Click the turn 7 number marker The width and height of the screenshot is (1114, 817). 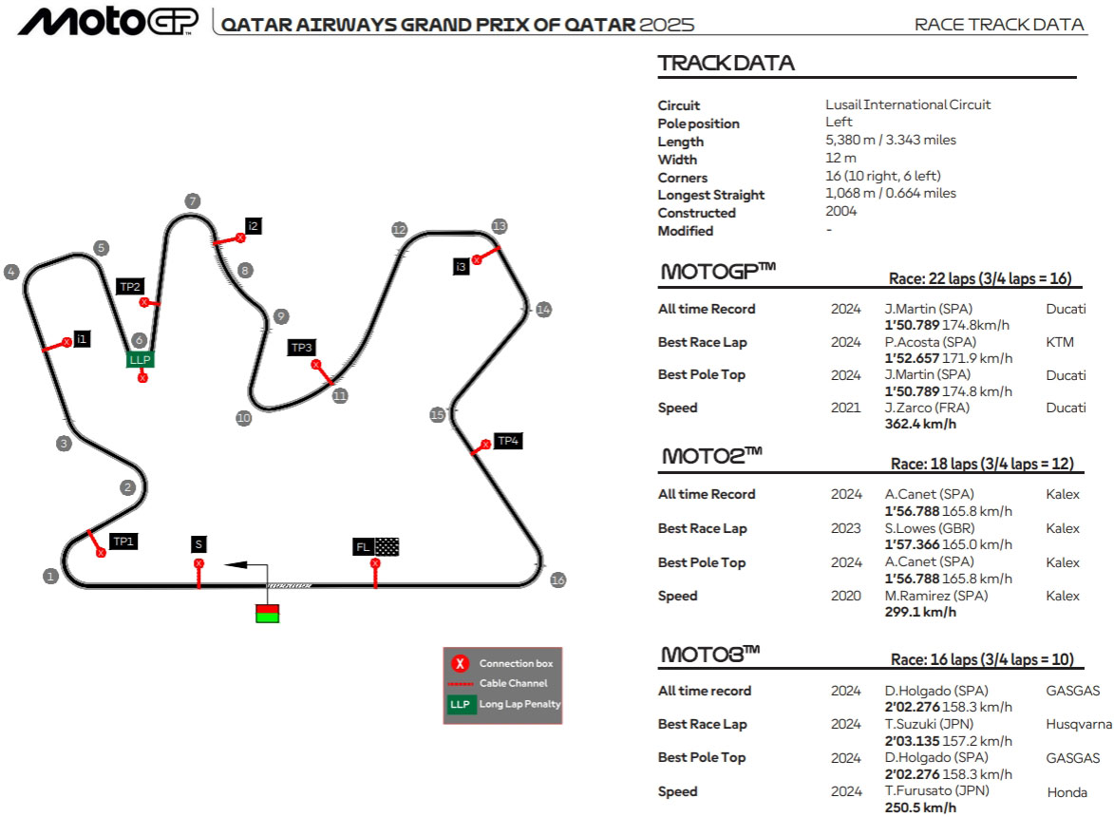point(193,201)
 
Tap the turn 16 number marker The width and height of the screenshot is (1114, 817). point(558,579)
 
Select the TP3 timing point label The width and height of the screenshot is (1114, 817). point(301,348)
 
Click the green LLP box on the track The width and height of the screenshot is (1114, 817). point(140,359)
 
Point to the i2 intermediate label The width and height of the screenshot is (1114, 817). point(253,226)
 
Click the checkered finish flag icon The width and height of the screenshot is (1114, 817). point(387,546)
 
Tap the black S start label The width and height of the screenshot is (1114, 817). point(198,544)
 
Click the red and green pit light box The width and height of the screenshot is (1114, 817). point(267,613)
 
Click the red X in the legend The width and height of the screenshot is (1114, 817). point(460,663)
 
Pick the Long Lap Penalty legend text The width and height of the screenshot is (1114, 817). point(520,704)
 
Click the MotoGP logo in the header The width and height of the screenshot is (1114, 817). point(108,21)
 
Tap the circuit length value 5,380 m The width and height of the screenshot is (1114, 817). point(850,140)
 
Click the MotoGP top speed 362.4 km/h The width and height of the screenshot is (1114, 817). point(920,424)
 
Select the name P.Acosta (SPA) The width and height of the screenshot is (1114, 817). point(930,342)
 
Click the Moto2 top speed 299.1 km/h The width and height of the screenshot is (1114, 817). point(920,612)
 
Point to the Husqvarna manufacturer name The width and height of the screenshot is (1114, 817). point(1079,725)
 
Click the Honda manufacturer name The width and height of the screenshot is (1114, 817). point(1067,792)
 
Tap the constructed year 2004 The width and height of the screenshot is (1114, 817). point(841,211)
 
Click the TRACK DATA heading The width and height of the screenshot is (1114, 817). point(727,64)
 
